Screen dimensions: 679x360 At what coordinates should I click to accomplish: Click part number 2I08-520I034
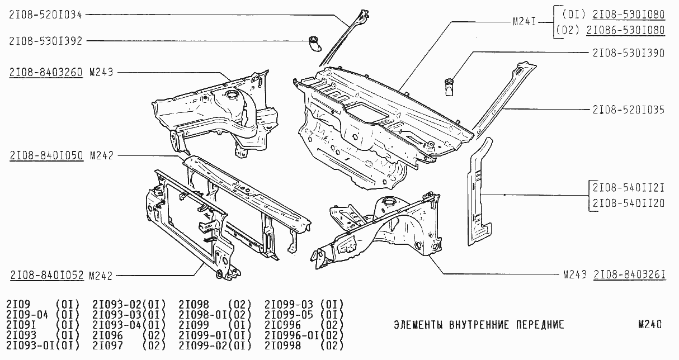pos(45,15)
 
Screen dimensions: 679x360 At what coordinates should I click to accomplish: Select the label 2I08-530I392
pos(45,41)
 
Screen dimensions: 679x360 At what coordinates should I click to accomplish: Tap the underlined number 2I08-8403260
pos(46,73)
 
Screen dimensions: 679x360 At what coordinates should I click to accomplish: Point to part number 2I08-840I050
pos(46,156)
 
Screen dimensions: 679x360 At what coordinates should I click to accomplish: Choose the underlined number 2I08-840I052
pos(47,275)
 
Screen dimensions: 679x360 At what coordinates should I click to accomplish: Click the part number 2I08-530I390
pos(629,53)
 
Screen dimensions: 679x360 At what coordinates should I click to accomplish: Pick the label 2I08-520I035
pos(629,110)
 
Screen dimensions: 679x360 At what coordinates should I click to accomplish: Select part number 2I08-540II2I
pos(629,188)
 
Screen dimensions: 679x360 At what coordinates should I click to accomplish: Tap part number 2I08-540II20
pos(629,203)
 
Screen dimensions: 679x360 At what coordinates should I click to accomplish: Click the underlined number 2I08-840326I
pos(630,274)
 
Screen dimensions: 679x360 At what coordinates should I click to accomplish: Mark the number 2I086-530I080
pos(626,30)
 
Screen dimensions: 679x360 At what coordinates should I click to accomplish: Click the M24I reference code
pos(525,22)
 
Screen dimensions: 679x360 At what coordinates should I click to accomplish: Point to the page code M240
pos(650,325)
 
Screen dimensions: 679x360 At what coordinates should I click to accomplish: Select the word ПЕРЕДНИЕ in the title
pos(540,325)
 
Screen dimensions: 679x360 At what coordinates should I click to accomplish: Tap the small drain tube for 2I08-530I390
pos(449,87)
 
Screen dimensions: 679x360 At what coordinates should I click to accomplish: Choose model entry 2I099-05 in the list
pos(289,315)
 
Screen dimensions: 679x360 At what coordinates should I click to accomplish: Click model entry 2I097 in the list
pos(107,345)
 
